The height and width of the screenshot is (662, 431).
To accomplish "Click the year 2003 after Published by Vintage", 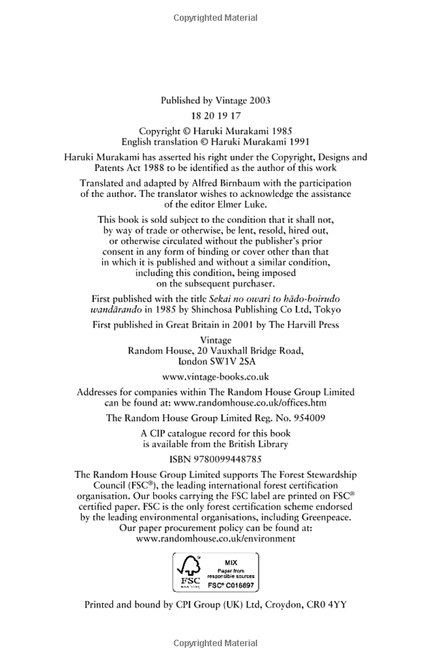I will click(x=258, y=101).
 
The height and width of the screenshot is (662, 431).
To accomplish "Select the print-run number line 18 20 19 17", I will click(x=215, y=116).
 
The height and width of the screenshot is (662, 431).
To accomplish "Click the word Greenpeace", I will click(x=326, y=516).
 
